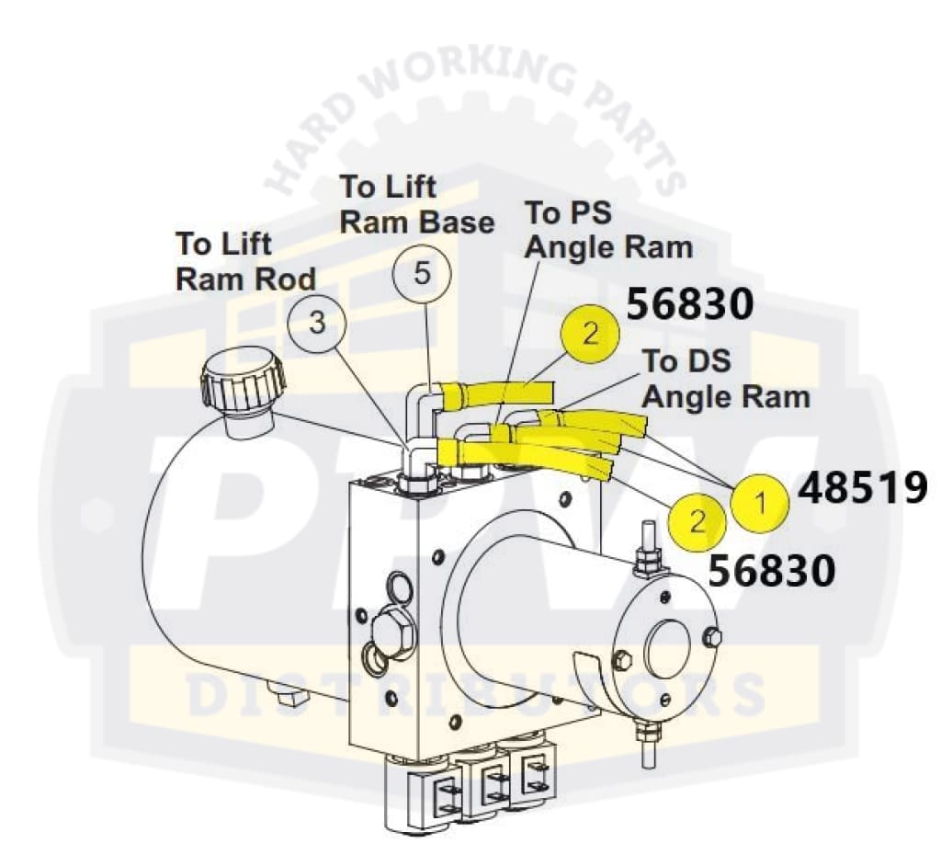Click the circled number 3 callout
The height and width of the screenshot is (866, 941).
pyautogui.click(x=316, y=324)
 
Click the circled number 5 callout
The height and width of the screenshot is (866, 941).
pyautogui.click(x=422, y=275)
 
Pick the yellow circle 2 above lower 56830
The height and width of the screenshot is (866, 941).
pyautogui.click(x=697, y=522)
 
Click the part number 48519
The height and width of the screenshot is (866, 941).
pyautogui.click(x=862, y=490)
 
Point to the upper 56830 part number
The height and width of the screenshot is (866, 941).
pyautogui.click(x=689, y=303)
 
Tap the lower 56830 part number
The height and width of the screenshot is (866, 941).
pyautogui.click(x=772, y=571)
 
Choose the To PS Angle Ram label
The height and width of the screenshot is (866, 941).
pyautogui.click(x=607, y=230)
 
